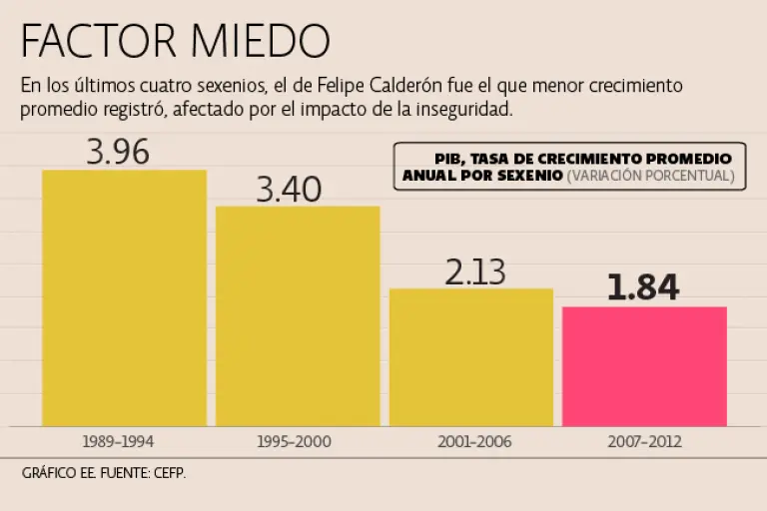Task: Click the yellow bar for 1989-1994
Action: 124,299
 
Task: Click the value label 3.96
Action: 118,153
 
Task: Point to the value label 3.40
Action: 290,189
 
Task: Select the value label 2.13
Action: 475,271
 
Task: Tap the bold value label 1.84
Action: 643,287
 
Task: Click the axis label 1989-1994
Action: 120,440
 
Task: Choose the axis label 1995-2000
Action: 294,440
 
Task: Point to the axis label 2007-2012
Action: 644,440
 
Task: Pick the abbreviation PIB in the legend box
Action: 451,159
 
